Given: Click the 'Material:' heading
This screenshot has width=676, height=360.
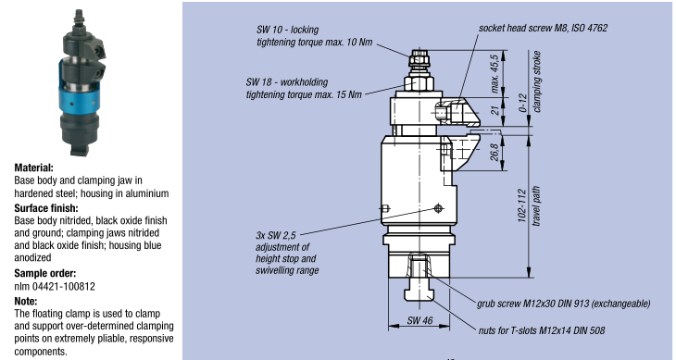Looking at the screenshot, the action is (33, 168).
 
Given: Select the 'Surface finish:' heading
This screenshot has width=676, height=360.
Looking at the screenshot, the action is (46, 208).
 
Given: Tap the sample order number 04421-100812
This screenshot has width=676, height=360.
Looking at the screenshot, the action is (63, 286).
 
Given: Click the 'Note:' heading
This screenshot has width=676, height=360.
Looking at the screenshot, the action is (26, 301).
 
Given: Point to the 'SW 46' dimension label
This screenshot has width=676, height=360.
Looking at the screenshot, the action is (419, 320).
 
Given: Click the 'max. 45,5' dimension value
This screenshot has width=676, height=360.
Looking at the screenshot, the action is (494, 73).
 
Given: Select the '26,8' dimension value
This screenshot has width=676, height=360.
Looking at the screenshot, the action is (494, 152).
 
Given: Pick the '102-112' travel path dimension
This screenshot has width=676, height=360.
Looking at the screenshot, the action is (522, 205).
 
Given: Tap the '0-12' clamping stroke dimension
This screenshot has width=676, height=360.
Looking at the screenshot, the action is (523, 103).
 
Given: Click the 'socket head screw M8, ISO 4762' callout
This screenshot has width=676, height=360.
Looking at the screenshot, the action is (543, 28).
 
